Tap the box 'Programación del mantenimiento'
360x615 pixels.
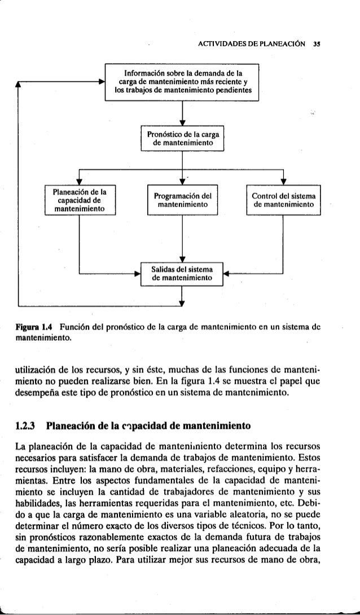pos(182,199)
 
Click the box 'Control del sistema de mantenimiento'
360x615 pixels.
pos(283,199)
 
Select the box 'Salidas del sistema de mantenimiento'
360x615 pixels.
pos(182,274)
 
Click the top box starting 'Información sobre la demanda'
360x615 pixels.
pos(182,83)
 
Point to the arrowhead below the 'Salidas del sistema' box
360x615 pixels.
pos(182,301)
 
